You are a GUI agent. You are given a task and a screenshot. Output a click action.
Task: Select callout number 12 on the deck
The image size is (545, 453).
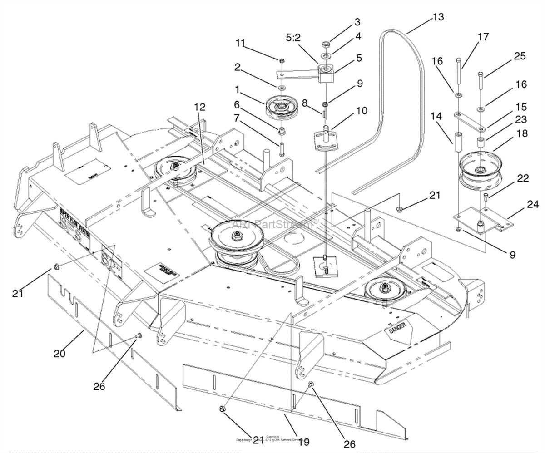coord(199,107)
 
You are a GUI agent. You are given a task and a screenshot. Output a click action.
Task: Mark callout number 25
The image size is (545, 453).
coord(519,56)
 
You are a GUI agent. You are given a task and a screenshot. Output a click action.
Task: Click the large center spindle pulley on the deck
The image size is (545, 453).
coord(236,241)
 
